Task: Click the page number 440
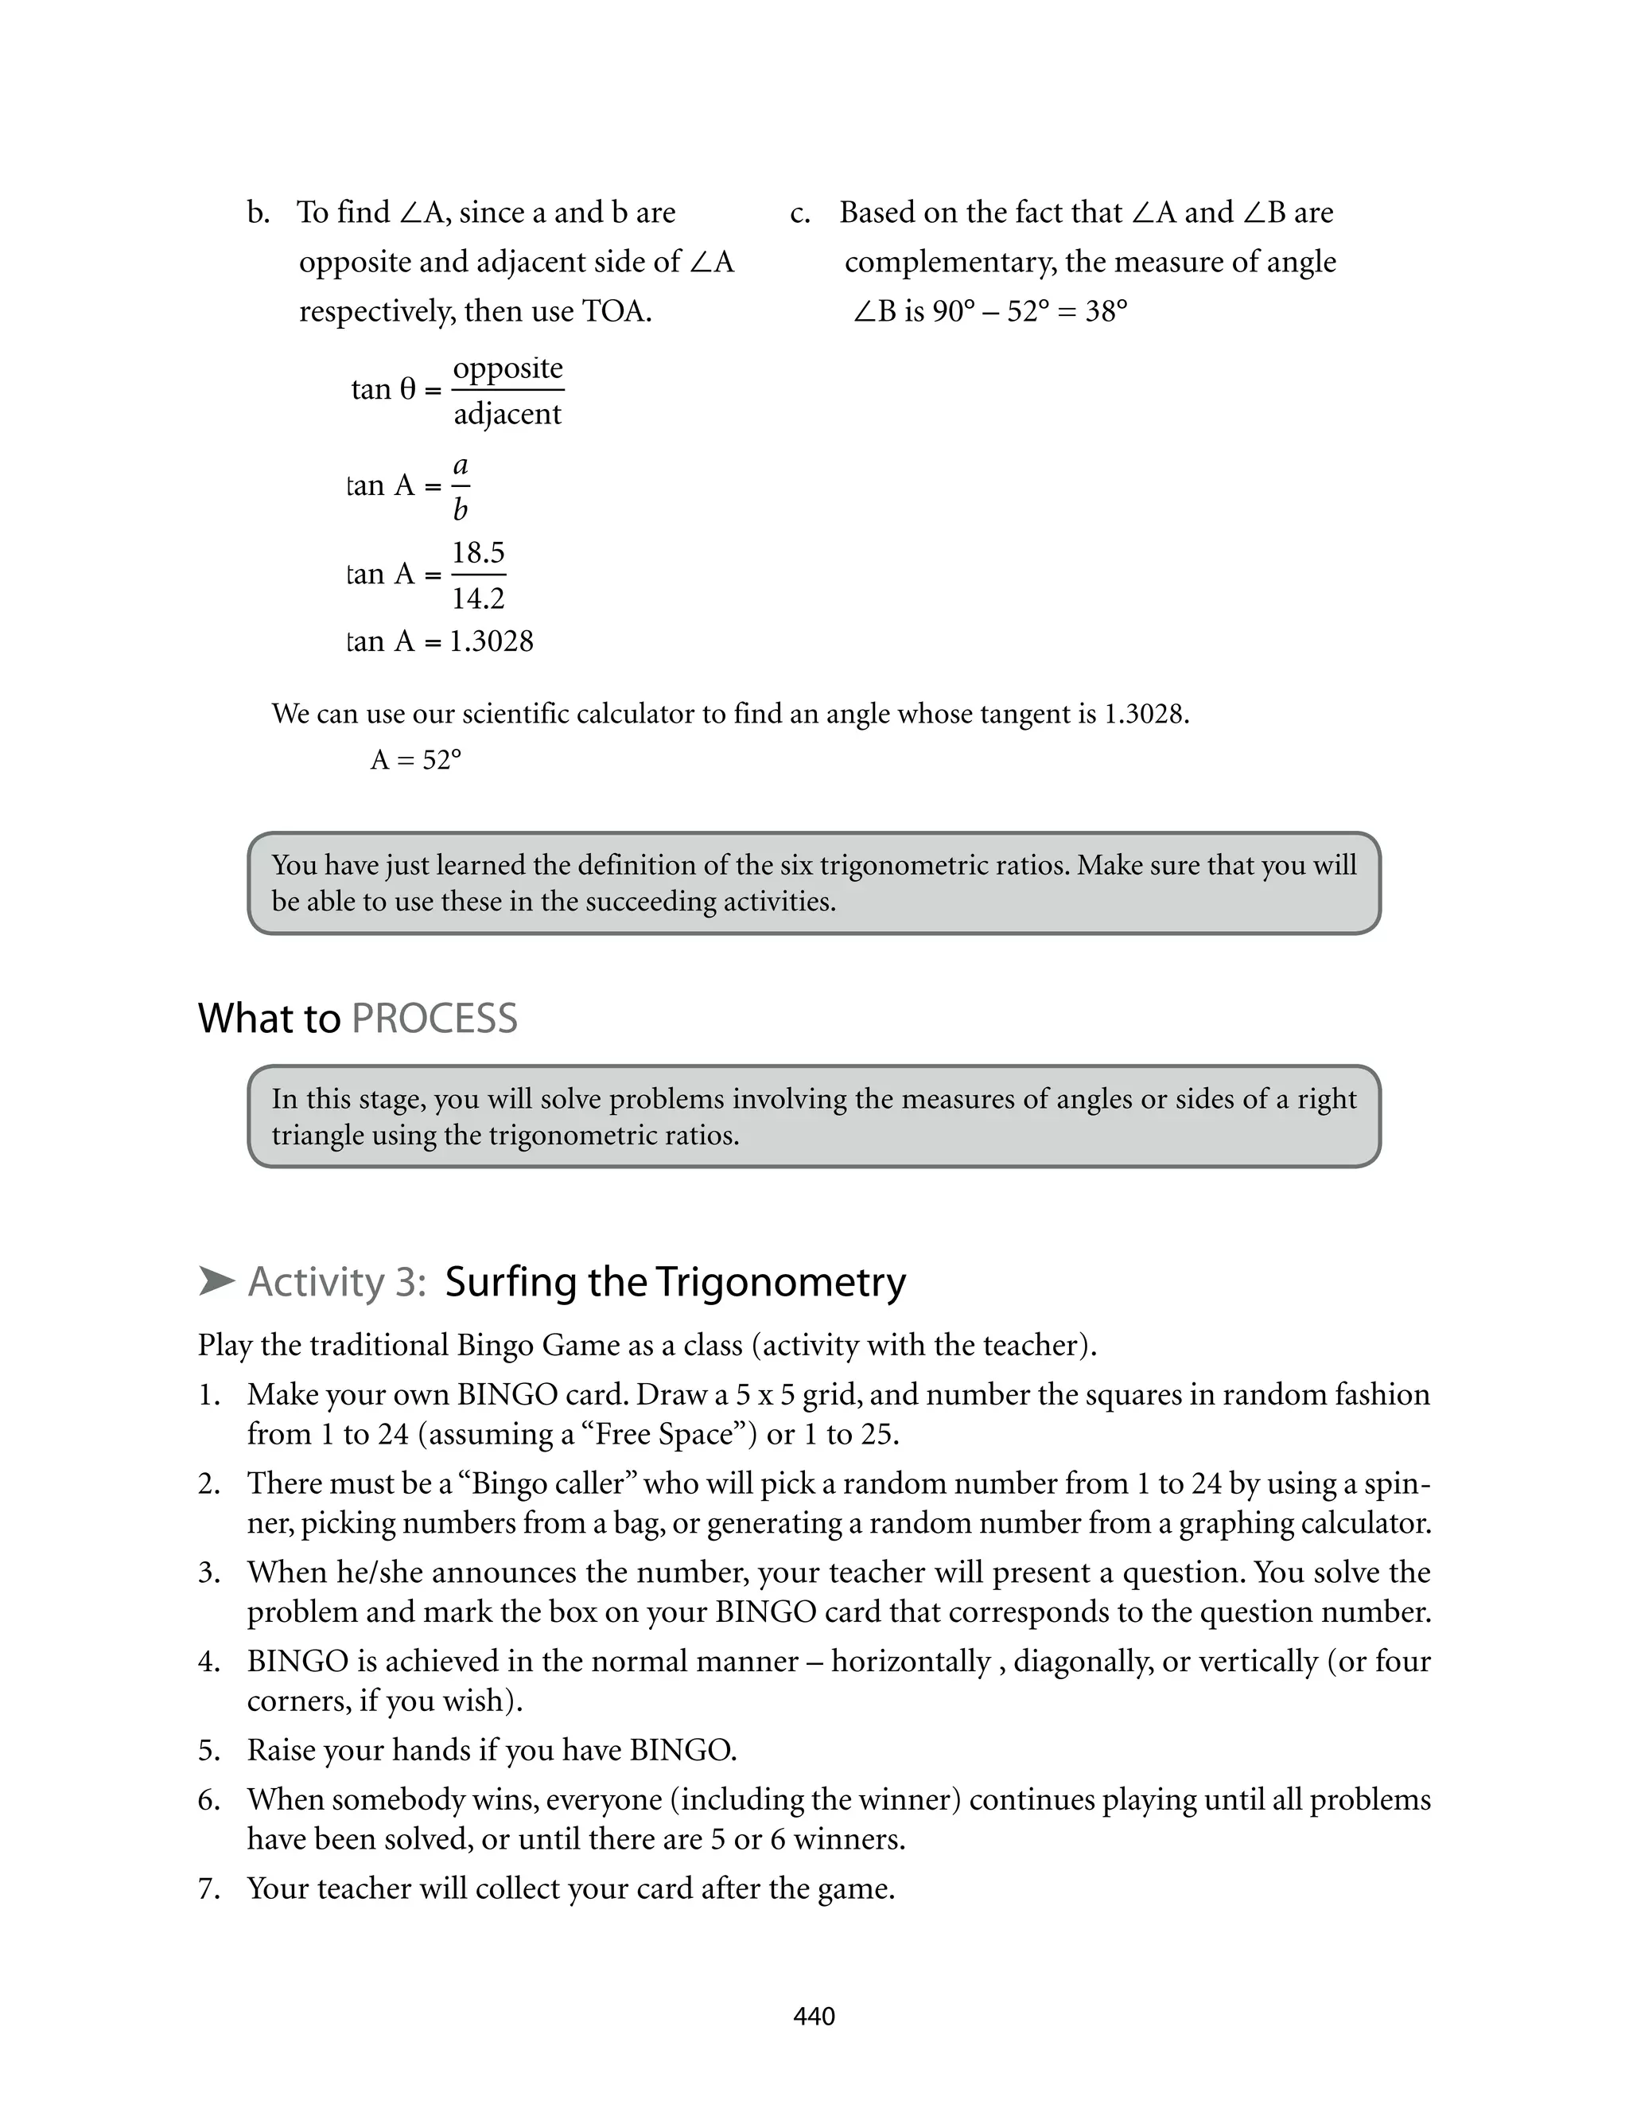pyautogui.click(x=814, y=2017)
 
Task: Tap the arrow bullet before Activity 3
pyautogui.click(x=216, y=1281)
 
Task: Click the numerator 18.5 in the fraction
pyautogui.click(x=478, y=553)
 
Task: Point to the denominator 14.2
pyautogui.click(x=478, y=598)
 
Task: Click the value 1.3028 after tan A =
pyautogui.click(x=491, y=641)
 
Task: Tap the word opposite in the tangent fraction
pyautogui.click(x=507, y=368)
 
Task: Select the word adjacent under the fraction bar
pyautogui.click(x=507, y=414)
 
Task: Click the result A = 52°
pyautogui.click(x=415, y=759)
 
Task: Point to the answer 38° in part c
pyautogui.click(x=1106, y=311)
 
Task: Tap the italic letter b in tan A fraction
pyautogui.click(x=461, y=509)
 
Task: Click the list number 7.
pyautogui.click(x=208, y=1888)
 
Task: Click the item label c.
pyautogui.click(x=800, y=213)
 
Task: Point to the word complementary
pyautogui.click(x=948, y=262)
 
